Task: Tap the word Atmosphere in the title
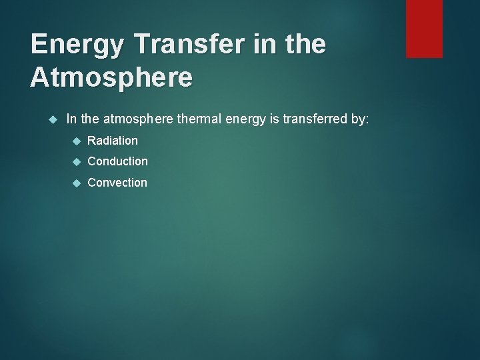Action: [x=112, y=77]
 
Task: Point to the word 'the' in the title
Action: [x=303, y=44]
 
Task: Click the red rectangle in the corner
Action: [x=424, y=29]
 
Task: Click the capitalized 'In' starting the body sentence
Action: [x=71, y=119]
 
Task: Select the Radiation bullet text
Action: [x=113, y=140]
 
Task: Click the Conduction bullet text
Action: [x=117, y=161]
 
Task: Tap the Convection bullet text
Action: [x=117, y=182]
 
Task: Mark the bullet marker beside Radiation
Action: [x=75, y=141]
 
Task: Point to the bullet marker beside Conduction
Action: [x=75, y=161]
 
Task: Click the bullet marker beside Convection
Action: [x=75, y=183]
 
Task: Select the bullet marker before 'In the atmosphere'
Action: [x=55, y=119]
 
